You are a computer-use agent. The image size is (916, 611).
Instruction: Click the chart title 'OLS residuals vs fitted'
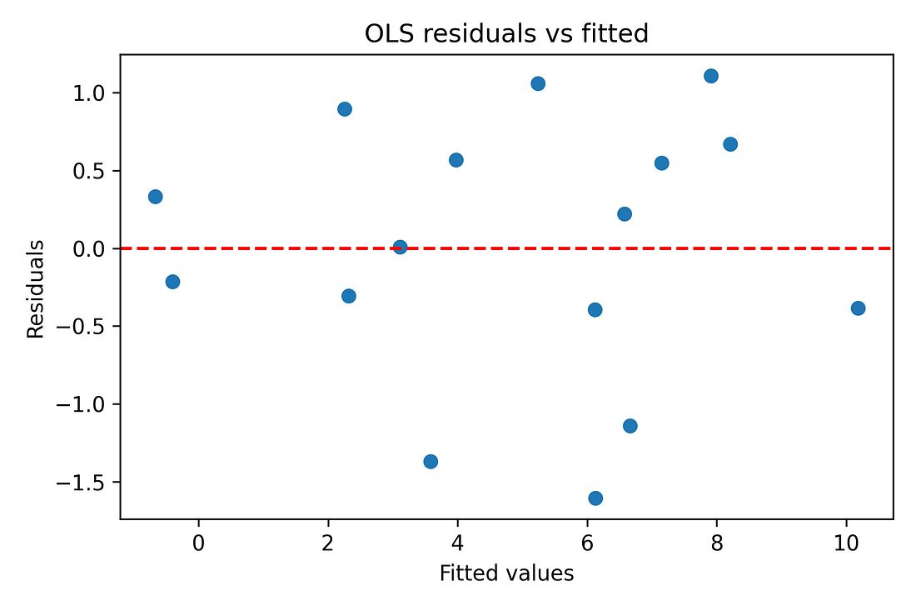(506, 33)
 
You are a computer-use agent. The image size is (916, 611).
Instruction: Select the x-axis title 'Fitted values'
(506, 573)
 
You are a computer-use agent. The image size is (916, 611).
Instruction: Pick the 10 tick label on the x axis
(846, 543)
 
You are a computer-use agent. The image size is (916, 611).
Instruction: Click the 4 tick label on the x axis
(457, 543)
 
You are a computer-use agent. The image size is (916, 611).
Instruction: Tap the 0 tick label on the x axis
(198, 543)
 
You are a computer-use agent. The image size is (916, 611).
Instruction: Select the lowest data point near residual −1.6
(595, 498)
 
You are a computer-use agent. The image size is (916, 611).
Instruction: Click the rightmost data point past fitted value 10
(858, 308)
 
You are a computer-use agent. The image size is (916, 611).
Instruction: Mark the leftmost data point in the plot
(155, 197)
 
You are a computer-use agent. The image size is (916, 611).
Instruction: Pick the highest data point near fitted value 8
(711, 76)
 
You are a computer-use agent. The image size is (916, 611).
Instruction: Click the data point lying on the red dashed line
(400, 248)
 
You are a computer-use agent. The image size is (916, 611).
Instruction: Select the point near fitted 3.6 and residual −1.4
(431, 462)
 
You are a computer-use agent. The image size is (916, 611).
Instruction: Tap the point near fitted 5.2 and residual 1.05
(538, 83)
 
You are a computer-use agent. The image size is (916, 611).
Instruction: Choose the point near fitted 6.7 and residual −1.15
(630, 426)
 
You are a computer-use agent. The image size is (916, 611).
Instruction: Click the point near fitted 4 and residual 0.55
(456, 160)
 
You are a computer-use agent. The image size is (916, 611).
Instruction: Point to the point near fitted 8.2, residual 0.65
(730, 144)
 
